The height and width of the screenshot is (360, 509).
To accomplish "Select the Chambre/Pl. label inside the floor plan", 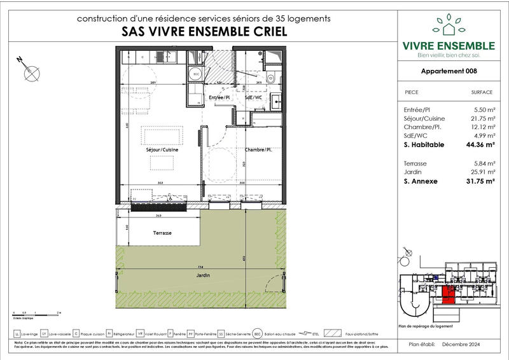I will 258,150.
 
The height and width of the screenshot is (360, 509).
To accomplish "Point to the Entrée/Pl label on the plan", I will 219,97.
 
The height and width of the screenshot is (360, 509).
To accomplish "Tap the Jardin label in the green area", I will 203,275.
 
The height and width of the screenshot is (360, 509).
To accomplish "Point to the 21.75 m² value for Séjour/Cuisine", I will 480,118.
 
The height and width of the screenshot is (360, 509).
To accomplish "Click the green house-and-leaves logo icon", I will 449,25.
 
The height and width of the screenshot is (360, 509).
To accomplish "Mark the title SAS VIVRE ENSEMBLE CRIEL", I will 203,31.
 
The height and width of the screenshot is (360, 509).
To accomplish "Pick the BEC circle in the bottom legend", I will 257,333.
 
